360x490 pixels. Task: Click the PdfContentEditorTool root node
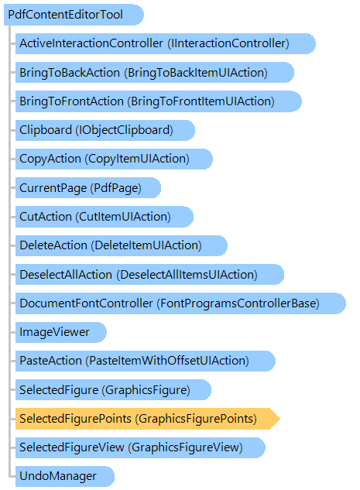[x=74, y=15]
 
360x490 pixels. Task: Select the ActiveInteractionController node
[x=166, y=43]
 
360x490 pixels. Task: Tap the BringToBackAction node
[x=155, y=73]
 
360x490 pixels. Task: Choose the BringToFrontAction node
[x=159, y=101]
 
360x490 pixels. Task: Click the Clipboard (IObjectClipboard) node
[x=105, y=130]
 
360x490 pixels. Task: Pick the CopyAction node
[x=114, y=159]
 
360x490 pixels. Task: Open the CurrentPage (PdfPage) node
[x=88, y=188]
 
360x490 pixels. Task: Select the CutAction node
[x=105, y=217]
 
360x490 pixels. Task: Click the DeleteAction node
[x=122, y=245]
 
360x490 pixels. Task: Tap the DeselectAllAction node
[x=149, y=274]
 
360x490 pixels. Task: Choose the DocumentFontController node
[x=180, y=303]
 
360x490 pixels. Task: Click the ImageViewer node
[x=61, y=332]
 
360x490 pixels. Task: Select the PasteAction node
[x=146, y=361]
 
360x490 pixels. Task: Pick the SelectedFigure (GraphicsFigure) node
[x=113, y=389]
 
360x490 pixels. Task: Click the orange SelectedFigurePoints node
[x=148, y=419]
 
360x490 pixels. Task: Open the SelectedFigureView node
[x=140, y=447]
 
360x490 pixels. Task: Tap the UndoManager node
[x=65, y=476]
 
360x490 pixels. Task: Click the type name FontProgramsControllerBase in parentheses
[x=238, y=303]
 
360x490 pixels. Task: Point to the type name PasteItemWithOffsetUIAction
[x=167, y=361]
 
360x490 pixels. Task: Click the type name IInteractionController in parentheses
[x=228, y=43]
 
